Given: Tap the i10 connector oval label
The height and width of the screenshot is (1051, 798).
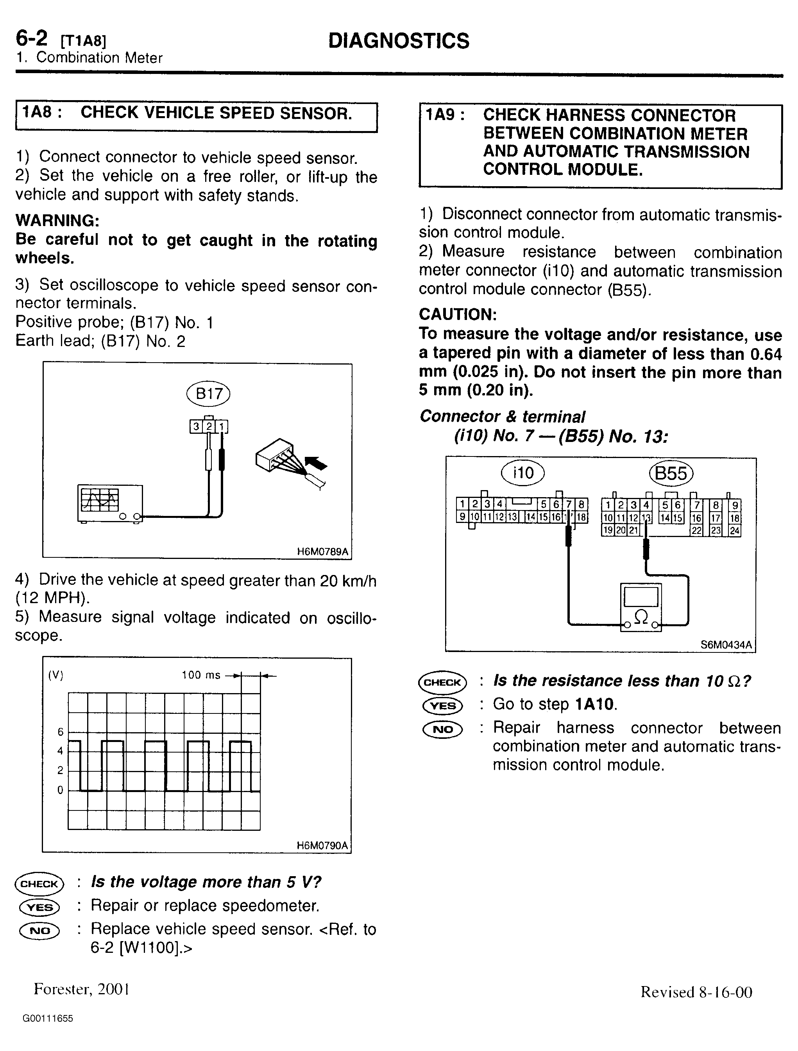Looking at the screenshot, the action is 523,473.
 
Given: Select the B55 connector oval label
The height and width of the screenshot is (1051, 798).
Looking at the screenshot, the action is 671,473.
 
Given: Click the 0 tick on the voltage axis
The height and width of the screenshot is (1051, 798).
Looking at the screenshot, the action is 60,790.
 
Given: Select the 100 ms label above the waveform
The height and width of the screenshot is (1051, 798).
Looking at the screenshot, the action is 201,675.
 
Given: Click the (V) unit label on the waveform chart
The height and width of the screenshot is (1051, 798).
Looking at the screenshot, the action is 55,676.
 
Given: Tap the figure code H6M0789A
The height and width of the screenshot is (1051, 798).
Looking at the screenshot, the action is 322,552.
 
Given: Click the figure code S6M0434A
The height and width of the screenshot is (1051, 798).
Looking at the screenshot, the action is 726,645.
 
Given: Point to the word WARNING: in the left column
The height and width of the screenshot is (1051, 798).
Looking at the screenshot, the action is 57,221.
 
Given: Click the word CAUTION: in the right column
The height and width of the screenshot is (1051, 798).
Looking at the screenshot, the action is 458,314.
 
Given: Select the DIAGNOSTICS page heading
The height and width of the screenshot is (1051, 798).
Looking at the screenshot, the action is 399,41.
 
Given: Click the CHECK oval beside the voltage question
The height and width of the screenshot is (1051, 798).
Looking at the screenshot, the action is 39,884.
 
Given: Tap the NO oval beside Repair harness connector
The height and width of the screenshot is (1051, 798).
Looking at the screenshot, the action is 442,729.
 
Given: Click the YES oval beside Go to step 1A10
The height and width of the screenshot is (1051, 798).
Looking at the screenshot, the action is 442,705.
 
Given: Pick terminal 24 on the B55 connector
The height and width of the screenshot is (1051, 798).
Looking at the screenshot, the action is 734,530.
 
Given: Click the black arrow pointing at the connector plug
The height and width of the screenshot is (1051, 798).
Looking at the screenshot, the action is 315,462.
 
